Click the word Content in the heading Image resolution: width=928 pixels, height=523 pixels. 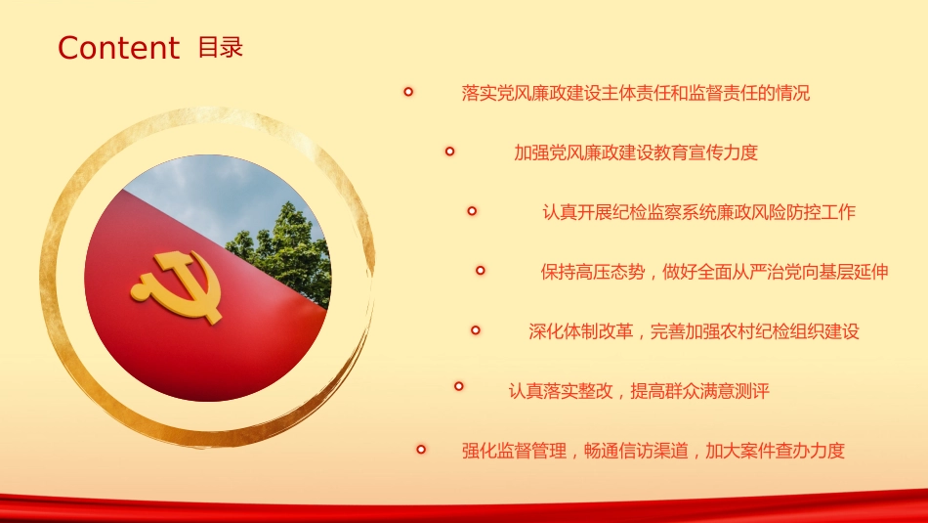[118, 47]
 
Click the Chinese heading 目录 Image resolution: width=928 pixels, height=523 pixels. [220, 47]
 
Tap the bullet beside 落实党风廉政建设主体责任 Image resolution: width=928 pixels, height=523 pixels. [408, 92]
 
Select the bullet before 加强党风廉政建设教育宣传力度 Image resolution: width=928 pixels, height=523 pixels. [449, 152]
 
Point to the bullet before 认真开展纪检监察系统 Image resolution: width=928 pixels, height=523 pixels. [472, 211]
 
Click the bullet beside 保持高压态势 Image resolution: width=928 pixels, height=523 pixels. [480, 271]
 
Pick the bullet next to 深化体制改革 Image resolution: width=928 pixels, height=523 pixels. [476, 329]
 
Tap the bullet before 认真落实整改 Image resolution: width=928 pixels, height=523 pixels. [459, 386]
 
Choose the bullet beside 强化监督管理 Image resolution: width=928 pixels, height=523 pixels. [421, 450]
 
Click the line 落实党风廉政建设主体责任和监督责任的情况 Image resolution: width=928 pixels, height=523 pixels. [636, 93]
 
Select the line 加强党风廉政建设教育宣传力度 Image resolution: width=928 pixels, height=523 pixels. [636, 153]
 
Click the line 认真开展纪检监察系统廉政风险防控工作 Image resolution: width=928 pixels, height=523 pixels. [699, 212]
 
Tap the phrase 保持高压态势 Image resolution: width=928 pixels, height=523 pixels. [592, 272]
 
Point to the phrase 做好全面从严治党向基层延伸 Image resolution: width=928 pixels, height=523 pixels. [776, 272]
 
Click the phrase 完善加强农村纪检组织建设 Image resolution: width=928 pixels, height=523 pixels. [754, 331]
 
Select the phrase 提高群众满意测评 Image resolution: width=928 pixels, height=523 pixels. [700, 391]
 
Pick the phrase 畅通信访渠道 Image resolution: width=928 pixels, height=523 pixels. [636, 451]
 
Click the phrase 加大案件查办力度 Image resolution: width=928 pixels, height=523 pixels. [775, 451]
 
